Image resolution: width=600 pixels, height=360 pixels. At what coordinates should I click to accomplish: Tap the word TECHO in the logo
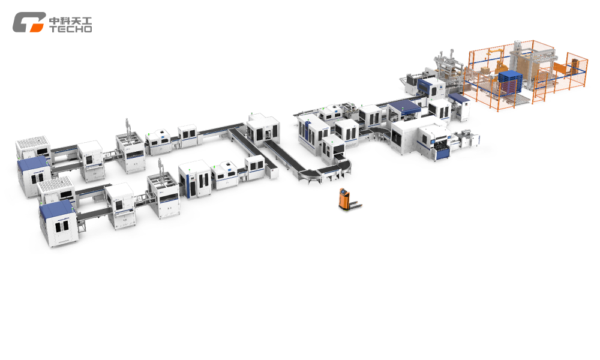[70, 29]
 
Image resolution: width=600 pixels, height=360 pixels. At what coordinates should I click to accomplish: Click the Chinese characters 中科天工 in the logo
[70, 20]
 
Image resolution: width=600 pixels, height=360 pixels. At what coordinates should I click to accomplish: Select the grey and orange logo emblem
[29, 22]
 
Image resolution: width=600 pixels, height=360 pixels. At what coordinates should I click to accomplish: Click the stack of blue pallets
[510, 81]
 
